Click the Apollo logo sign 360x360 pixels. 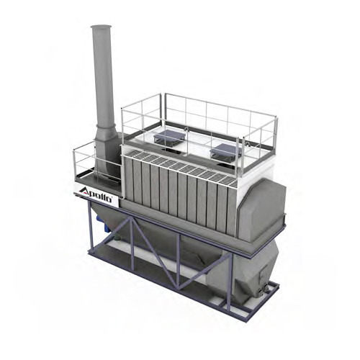(96, 193)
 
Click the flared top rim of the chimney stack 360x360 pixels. (102, 27)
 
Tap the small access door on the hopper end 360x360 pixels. (264, 274)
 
